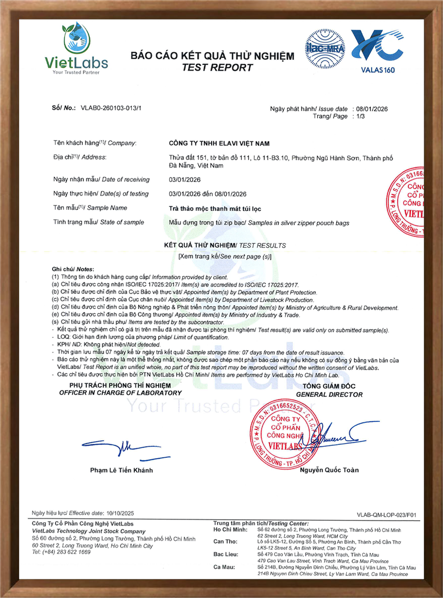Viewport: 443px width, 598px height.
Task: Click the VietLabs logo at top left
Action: [76, 49]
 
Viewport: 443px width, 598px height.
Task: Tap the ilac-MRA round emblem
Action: [325, 49]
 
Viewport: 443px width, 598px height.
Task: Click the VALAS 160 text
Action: [377, 70]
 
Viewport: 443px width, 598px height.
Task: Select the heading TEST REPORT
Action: [217, 68]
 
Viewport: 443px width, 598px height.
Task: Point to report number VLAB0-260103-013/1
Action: [111, 108]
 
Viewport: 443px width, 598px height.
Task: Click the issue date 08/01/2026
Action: [372, 109]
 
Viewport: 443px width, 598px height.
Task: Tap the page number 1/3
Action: [361, 117]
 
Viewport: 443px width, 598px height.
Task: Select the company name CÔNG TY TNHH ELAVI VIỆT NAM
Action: [219, 144]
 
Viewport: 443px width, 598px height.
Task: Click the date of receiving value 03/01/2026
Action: [184, 180]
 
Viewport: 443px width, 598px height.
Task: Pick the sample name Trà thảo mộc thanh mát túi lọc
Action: [215, 209]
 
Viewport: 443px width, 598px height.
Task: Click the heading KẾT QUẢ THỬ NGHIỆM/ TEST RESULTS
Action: [225, 246]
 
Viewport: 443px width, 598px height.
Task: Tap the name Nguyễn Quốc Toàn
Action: [329, 470]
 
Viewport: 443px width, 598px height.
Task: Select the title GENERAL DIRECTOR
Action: [329, 395]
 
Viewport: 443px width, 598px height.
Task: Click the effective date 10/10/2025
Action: [120, 513]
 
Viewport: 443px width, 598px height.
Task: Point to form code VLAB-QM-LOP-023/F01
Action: [386, 515]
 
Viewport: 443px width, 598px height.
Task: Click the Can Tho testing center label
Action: [225, 542]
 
